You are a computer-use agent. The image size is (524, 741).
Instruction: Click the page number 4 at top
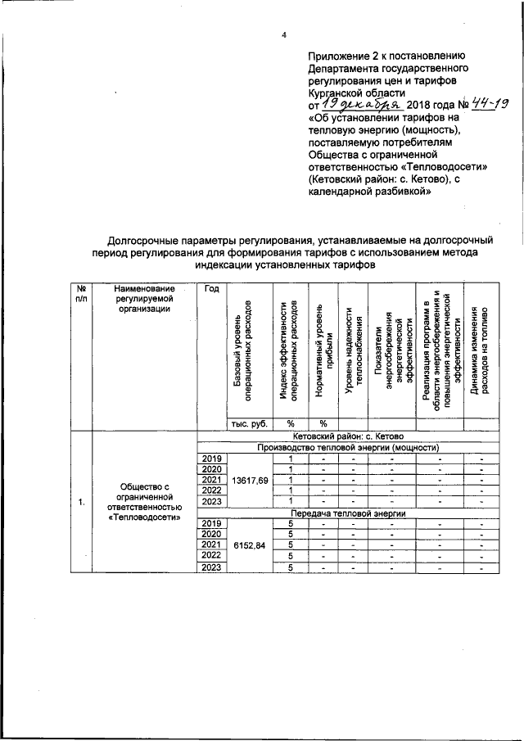283,34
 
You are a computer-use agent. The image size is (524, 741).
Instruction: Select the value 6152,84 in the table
251,544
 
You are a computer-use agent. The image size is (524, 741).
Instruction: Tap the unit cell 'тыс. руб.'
251,424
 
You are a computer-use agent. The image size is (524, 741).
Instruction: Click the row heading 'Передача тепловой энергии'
349,513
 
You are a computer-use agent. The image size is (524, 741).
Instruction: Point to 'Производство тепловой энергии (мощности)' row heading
349,447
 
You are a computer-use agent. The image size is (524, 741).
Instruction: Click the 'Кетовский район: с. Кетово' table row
349,436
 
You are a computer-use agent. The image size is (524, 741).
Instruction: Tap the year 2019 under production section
212,458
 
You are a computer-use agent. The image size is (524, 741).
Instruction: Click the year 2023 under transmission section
212,567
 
